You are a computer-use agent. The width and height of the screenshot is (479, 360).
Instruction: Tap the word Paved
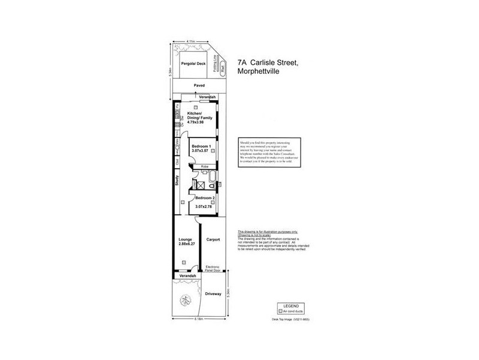199,86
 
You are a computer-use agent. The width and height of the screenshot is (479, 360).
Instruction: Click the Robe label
204,166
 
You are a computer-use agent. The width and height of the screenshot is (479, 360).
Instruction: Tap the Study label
177,181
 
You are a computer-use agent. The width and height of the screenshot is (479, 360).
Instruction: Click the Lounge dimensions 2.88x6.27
187,244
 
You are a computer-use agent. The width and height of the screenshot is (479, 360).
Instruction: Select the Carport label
213,239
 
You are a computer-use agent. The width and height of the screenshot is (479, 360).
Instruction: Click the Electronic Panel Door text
213,268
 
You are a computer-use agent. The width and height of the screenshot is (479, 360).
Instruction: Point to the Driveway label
213,294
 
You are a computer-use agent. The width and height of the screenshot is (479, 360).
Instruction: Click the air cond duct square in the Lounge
184,262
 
